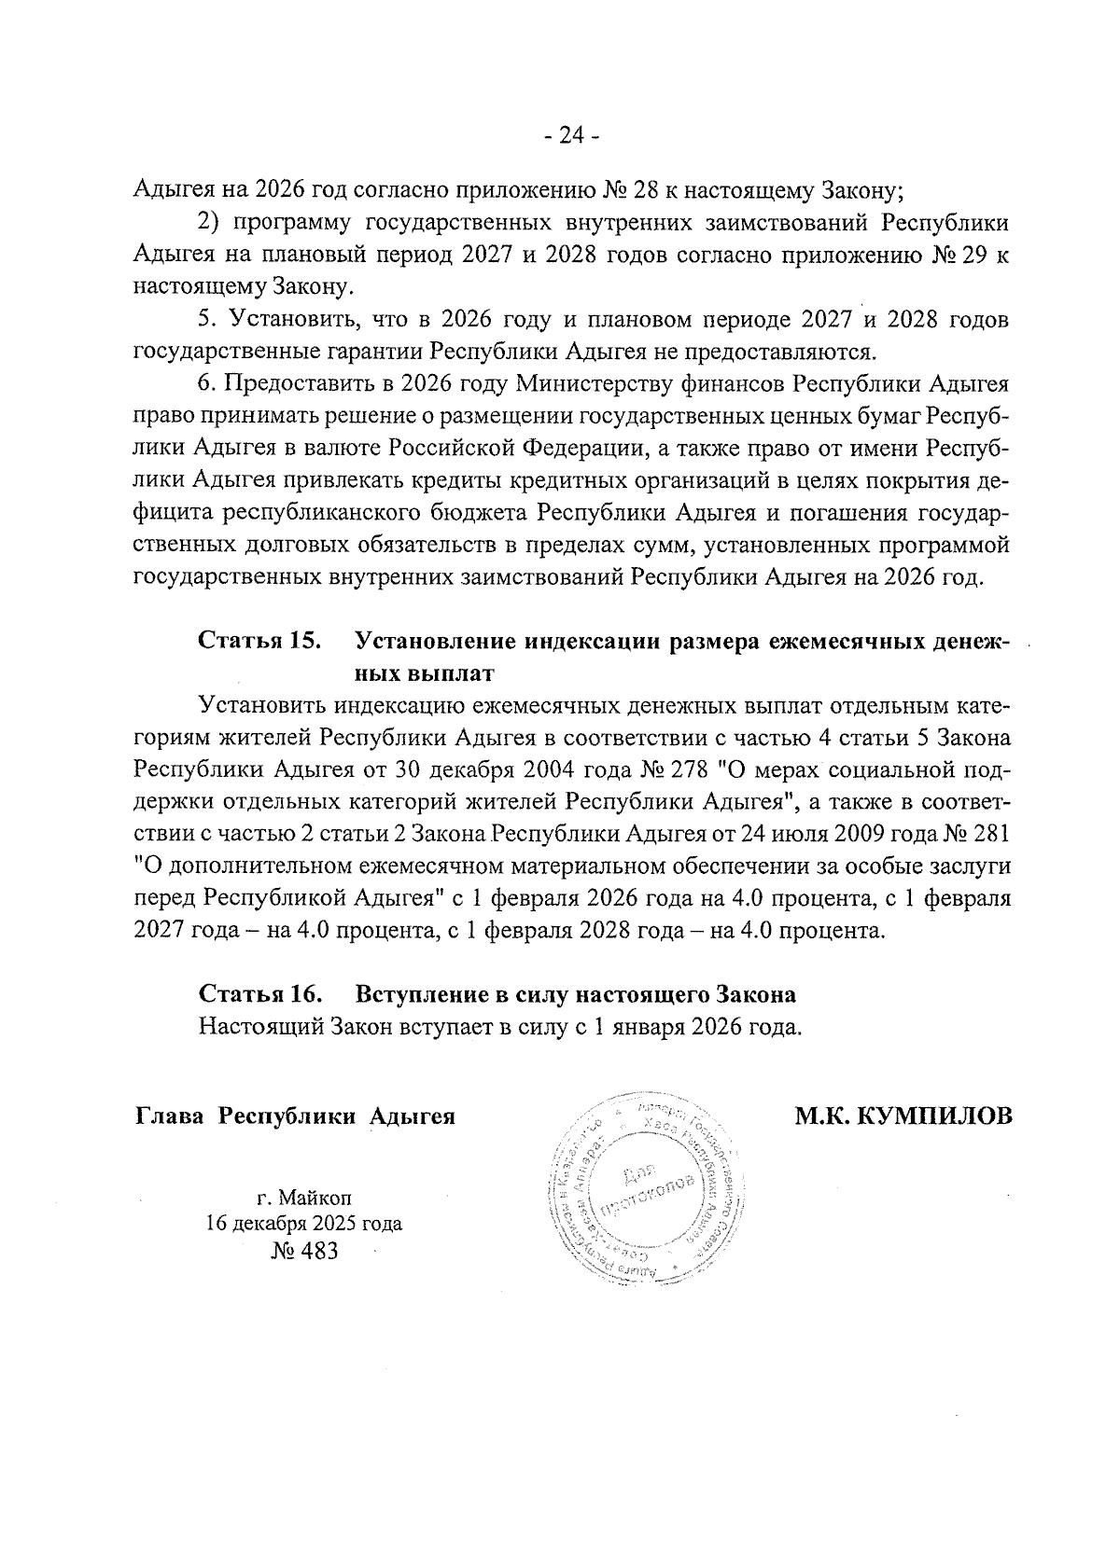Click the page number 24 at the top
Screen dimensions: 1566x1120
click(571, 136)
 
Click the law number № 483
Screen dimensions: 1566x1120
click(304, 1250)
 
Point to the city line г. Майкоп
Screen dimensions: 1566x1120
click(304, 1197)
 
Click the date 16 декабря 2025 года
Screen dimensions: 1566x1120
click(304, 1223)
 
